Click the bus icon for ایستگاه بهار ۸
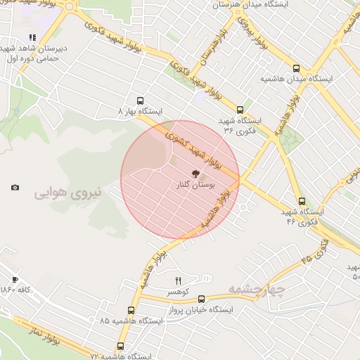click(x=140, y=101)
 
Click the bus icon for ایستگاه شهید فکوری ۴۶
click(x=301, y=201)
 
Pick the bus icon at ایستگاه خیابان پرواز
click(x=201, y=299)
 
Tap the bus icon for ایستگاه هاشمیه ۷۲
click(x=121, y=346)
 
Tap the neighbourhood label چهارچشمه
click(x=256, y=289)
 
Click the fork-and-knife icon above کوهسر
click(x=177, y=281)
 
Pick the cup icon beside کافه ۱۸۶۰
click(x=15, y=279)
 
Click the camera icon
click(x=15, y=187)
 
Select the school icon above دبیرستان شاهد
click(x=32, y=38)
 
